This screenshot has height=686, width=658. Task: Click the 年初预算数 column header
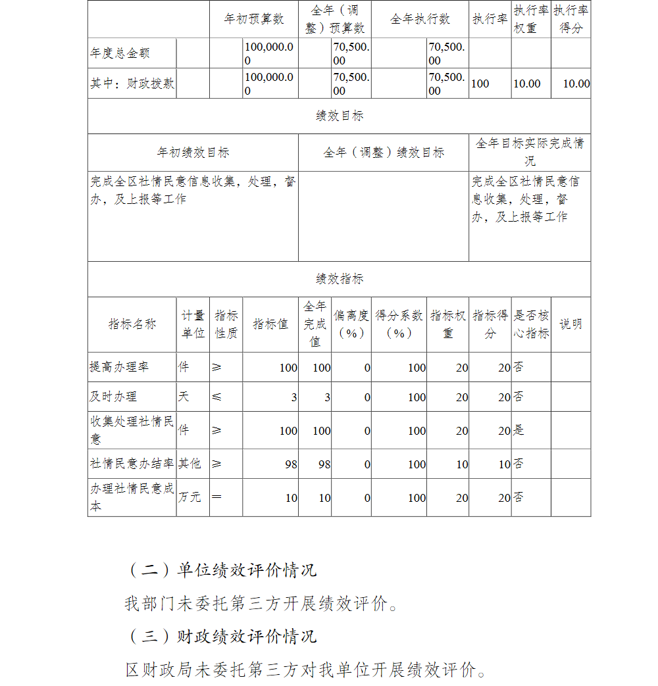tap(254, 19)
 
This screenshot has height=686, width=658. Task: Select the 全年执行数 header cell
tap(420, 19)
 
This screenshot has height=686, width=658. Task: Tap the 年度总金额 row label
tap(115, 53)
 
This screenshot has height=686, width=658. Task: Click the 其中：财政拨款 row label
tap(132, 84)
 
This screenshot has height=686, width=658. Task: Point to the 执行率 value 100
tap(480, 84)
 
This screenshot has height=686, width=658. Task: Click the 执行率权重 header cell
tap(531, 19)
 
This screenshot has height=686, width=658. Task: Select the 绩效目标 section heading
tap(340, 116)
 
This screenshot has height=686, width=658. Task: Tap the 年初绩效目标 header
tap(193, 153)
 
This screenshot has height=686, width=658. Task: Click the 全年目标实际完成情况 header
tap(530, 152)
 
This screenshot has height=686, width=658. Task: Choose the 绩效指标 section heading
tap(340, 279)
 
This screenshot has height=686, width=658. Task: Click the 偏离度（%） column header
tap(351, 324)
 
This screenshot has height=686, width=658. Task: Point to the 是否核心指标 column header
tap(531, 324)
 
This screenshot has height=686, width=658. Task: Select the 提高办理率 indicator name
tap(119, 367)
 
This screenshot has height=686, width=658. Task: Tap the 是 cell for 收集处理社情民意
tap(519, 431)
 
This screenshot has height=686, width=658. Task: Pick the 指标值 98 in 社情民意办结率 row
tap(291, 464)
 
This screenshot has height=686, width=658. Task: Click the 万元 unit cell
tap(190, 497)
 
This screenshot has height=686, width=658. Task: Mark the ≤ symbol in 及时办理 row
tap(217, 397)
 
